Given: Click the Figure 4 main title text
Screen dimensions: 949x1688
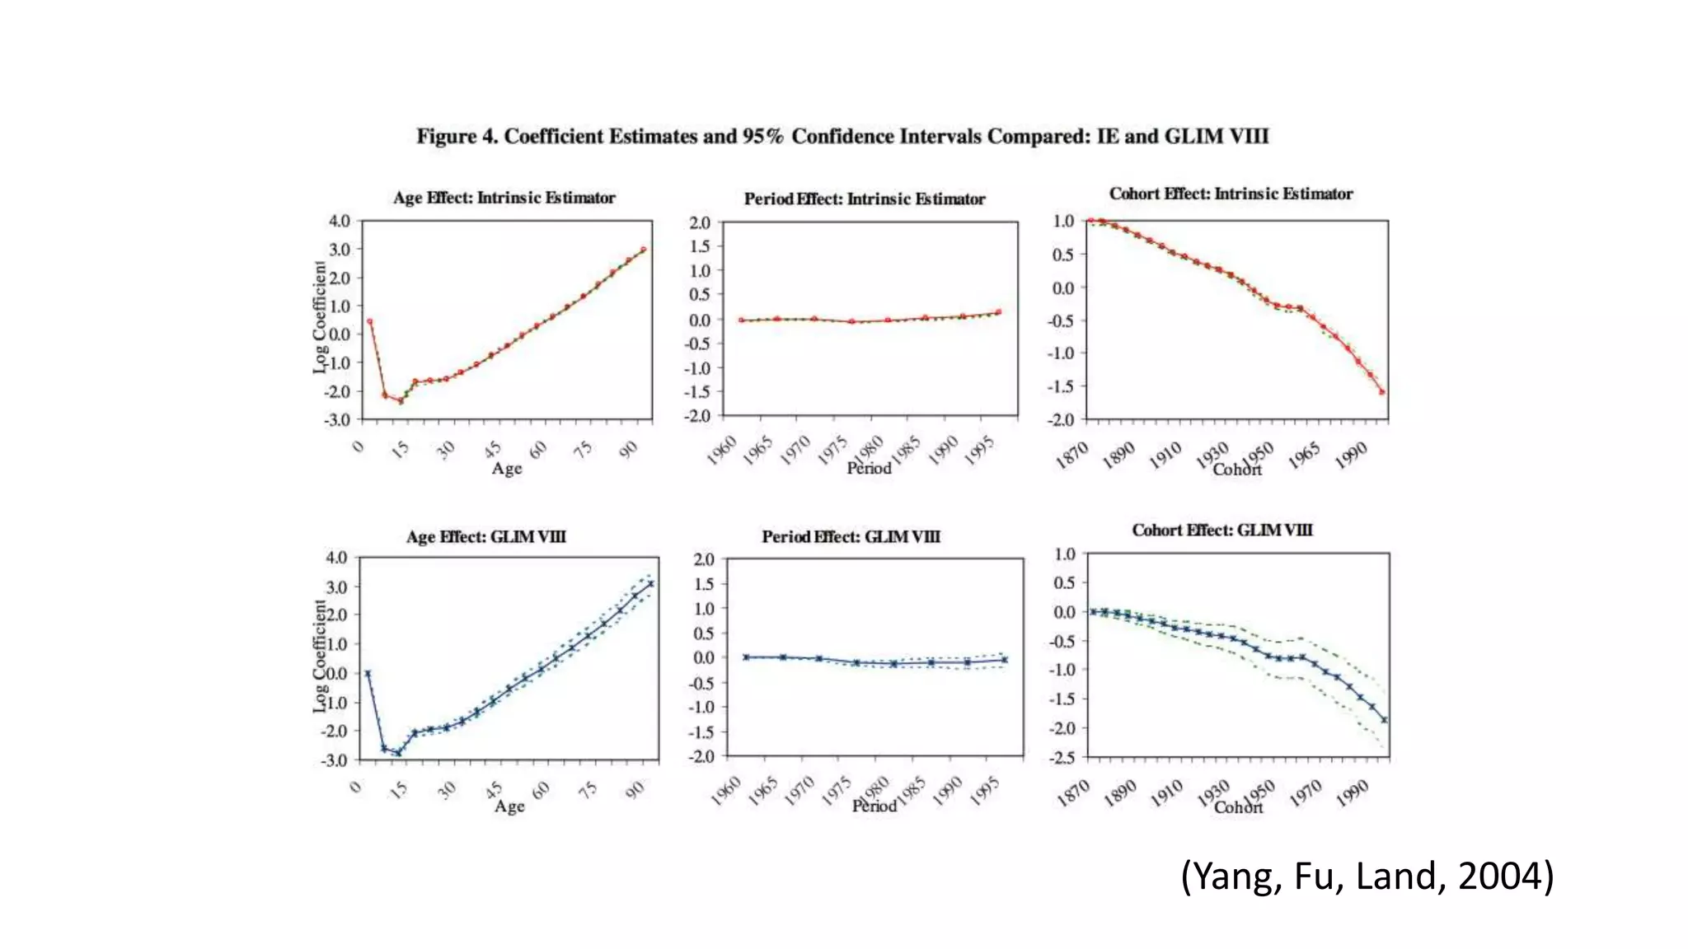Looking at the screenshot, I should coord(842,137).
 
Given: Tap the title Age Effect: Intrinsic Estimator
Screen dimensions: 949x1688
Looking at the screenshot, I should coord(504,198).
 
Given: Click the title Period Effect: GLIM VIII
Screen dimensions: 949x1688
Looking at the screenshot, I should coord(851,537).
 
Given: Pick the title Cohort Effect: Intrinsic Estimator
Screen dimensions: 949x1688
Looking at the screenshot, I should coord(1231,194).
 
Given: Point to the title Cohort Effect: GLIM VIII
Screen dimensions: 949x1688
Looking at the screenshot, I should coord(1221,531).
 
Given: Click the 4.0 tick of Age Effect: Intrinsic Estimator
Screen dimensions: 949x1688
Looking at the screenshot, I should coord(339,221).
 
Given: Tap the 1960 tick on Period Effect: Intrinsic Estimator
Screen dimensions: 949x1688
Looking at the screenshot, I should coord(723,451).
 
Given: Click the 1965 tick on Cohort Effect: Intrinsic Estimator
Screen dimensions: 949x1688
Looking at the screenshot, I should coord(1305,455).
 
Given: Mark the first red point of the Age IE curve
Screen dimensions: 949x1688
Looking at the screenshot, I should coord(369,322).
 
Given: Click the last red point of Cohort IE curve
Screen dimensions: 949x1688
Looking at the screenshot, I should coord(1382,392).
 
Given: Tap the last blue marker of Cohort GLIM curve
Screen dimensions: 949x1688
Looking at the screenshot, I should coord(1385,720).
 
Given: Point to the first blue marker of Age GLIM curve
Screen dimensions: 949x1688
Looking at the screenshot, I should coord(368,673).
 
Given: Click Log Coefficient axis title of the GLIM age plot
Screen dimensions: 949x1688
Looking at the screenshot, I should coord(320,657).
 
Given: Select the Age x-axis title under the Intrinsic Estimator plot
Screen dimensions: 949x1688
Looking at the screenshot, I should coord(507,469).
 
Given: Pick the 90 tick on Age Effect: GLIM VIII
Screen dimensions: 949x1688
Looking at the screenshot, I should coord(635,791).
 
